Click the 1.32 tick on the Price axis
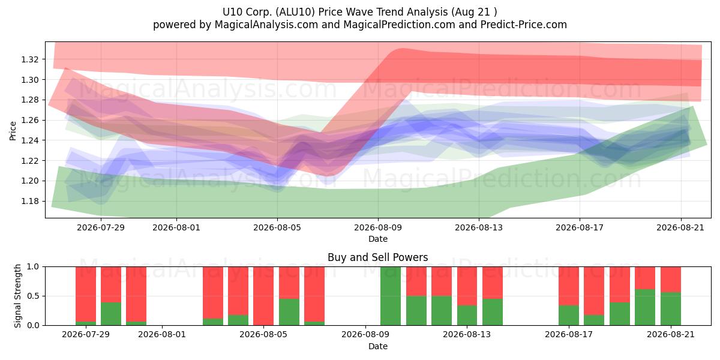point(30,59)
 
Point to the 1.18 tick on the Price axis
point(30,201)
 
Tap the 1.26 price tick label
point(30,120)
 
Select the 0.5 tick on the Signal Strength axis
point(34,296)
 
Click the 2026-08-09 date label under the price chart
point(378,227)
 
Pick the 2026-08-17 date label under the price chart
point(580,227)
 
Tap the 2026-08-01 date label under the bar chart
point(162,335)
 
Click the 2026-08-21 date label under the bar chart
point(671,335)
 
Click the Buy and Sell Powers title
point(377,257)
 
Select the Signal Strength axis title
point(17,296)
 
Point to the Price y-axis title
point(13,131)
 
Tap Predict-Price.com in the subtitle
point(524,25)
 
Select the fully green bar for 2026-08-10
point(391,296)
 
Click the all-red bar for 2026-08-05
point(263,296)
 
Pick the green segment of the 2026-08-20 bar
point(645,307)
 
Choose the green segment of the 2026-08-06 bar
point(289,312)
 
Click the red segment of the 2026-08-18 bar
point(594,291)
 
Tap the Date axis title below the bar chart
point(377,346)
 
